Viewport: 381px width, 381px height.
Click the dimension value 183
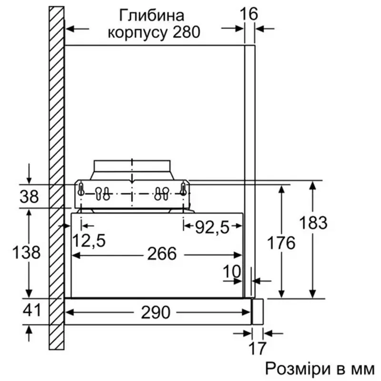(313, 222)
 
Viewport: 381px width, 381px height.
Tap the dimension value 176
(281, 243)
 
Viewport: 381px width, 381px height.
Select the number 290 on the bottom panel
(156, 312)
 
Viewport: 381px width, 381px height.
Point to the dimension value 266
(162, 254)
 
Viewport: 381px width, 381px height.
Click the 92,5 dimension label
(212, 228)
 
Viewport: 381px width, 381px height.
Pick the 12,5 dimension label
(89, 241)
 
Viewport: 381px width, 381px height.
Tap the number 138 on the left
(26, 252)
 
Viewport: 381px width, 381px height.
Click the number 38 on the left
(29, 197)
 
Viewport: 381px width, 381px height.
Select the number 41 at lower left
(31, 310)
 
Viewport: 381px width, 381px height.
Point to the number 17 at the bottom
(257, 348)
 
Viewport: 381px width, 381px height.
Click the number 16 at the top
(249, 14)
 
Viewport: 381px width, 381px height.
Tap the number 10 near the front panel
(232, 271)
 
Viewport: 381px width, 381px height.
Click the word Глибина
(151, 15)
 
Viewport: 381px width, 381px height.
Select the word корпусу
(138, 32)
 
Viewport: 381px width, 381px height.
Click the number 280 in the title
(186, 32)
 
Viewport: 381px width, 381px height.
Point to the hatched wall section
(57, 178)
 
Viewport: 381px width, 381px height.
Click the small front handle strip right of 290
(258, 311)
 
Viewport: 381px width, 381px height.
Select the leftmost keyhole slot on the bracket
(81, 189)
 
